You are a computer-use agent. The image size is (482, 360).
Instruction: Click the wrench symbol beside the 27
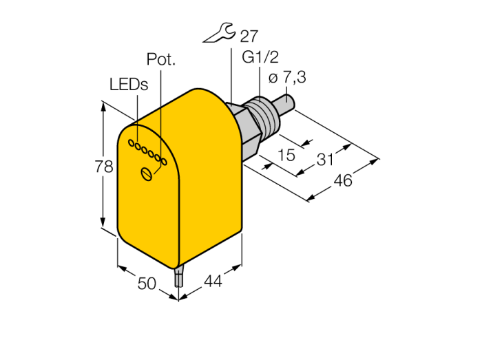click(220, 32)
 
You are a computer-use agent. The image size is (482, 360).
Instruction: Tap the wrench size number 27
click(249, 36)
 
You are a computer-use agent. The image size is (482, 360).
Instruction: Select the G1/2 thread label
click(260, 57)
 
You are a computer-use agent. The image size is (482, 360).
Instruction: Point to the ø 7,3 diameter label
click(287, 77)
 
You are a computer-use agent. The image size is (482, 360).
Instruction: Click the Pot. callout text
click(160, 59)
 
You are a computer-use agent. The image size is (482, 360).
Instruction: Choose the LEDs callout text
click(129, 84)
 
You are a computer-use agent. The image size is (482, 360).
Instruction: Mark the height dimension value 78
click(103, 167)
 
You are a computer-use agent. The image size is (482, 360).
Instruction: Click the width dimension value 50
click(147, 283)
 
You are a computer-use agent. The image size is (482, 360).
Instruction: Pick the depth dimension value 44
click(213, 281)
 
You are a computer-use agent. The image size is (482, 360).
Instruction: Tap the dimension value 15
click(286, 155)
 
